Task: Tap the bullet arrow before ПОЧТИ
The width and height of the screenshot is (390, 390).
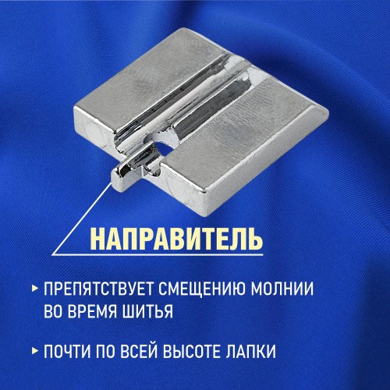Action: pyautogui.click(x=33, y=349)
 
